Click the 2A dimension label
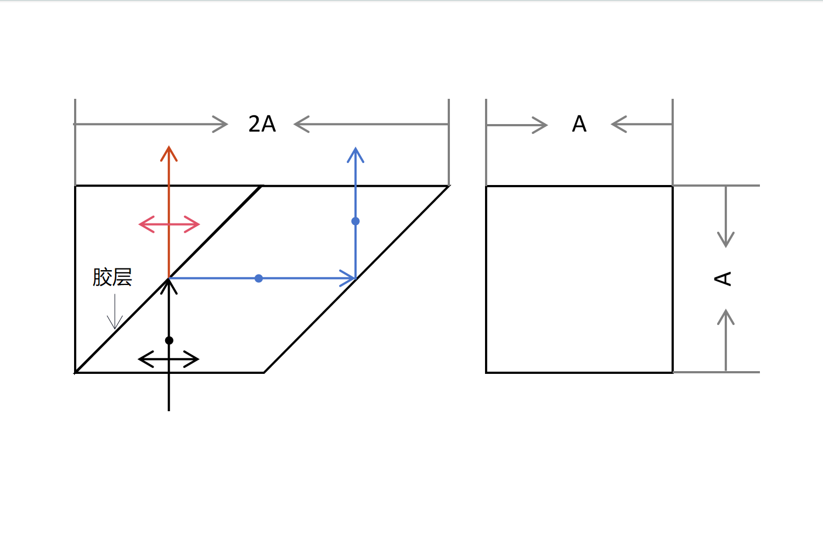tap(262, 124)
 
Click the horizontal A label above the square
tap(579, 124)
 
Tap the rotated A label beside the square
tap(723, 279)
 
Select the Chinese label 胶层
tap(112, 277)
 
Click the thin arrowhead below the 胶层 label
tap(115, 322)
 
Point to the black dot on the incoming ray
tap(169, 340)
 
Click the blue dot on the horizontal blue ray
tap(258, 278)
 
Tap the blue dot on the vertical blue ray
tap(356, 221)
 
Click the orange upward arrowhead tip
tap(168, 147)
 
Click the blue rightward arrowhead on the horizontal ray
tap(348, 278)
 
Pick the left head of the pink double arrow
tap(146, 225)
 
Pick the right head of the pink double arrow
tap(192, 225)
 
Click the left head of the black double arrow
tap(145, 359)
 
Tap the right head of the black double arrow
tap(191, 359)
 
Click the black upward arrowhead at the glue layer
tap(168, 286)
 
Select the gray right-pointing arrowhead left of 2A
tap(221, 124)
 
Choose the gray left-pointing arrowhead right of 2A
tap(301, 124)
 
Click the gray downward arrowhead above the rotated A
tap(726, 240)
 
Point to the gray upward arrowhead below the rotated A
tap(726, 317)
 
